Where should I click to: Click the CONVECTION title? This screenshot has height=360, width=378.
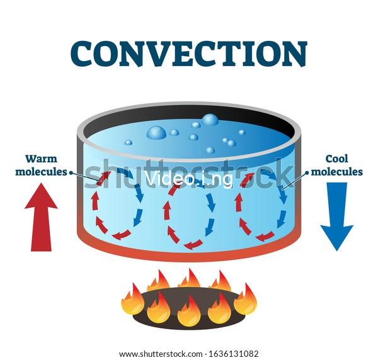point(189,54)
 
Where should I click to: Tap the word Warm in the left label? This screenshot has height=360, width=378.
point(41,159)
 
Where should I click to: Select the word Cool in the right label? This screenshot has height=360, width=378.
point(337,159)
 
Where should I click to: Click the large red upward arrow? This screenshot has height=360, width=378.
point(41,217)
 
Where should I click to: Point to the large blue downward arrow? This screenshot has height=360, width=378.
point(337,217)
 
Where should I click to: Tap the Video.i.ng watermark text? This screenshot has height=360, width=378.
point(189,179)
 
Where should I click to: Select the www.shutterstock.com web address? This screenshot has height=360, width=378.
point(161,354)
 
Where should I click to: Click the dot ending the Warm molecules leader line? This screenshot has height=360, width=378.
point(71,172)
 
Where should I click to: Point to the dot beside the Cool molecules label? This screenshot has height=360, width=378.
point(307,172)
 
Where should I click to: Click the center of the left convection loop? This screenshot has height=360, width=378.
point(117,203)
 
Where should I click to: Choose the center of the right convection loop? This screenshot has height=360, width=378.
point(261,206)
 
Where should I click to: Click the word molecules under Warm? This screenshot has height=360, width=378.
point(41,172)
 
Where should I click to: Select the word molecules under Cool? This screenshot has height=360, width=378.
point(337,172)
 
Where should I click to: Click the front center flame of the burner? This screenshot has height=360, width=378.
point(189,311)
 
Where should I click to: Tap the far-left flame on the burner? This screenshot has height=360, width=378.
point(133,300)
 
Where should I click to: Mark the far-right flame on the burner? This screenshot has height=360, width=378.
point(246,300)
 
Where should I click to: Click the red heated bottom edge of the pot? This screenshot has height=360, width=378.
point(189,255)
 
